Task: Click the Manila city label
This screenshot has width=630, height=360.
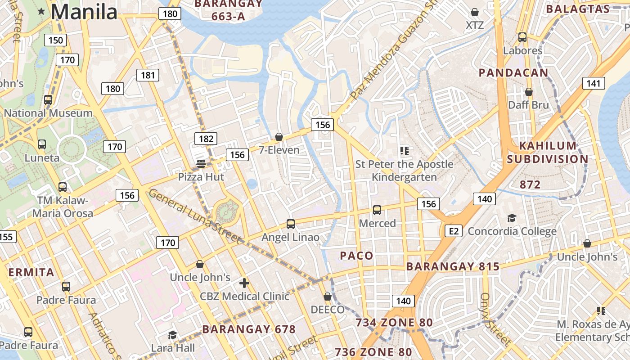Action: pyautogui.click(x=84, y=12)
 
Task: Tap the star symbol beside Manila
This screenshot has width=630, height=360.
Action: pyautogui.click(x=42, y=11)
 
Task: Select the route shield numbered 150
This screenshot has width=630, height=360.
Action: pyautogui.click(x=55, y=40)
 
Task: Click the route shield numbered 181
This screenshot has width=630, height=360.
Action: pyautogui.click(x=148, y=75)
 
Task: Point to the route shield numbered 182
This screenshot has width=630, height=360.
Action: pyautogui.click(x=206, y=139)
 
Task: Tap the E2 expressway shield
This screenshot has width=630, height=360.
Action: pyautogui.click(x=454, y=231)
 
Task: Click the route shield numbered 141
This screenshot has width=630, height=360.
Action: pyautogui.click(x=594, y=83)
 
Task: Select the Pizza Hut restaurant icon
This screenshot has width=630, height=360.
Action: pyautogui.click(x=201, y=164)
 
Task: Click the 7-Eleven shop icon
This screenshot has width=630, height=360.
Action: pyautogui.click(x=279, y=137)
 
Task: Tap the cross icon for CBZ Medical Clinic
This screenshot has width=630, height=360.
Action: pyautogui.click(x=244, y=283)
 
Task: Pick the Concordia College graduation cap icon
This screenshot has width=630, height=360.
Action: pyautogui.click(x=512, y=218)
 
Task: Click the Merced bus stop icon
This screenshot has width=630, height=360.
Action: pyautogui.click(x=377, y=210)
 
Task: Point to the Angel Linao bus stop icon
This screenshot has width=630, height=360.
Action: pyautogui.click(x=291, y=224)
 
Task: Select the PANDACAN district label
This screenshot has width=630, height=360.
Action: pyautogui.click(x=513, y=73)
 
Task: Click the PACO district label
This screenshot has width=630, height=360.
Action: pyautogui.click(x=356, y=256)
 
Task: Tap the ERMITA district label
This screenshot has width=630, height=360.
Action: pyautogui.click(x=31, y=272)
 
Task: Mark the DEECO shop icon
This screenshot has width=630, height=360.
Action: pyautogui.click(x=328, y=297)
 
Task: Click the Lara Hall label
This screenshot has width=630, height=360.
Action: pyautogui.click(x=173, y=348)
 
